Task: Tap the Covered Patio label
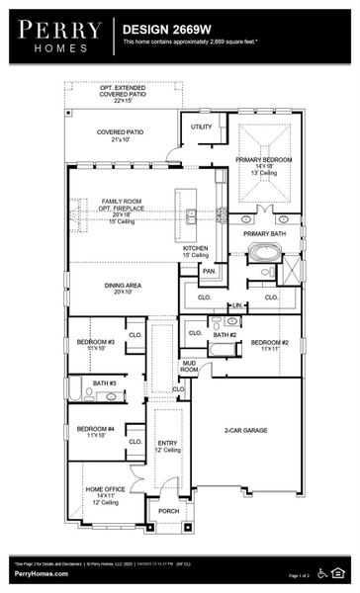tap(121, 134)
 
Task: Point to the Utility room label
tap(202, 127)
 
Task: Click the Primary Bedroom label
tap(264, 163)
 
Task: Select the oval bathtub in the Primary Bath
tap(264, 252)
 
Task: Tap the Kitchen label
tap(196, 250)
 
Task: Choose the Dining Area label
tap(122, 287)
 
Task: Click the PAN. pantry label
tap(209, 270)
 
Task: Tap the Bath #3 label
tap(105, 382)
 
